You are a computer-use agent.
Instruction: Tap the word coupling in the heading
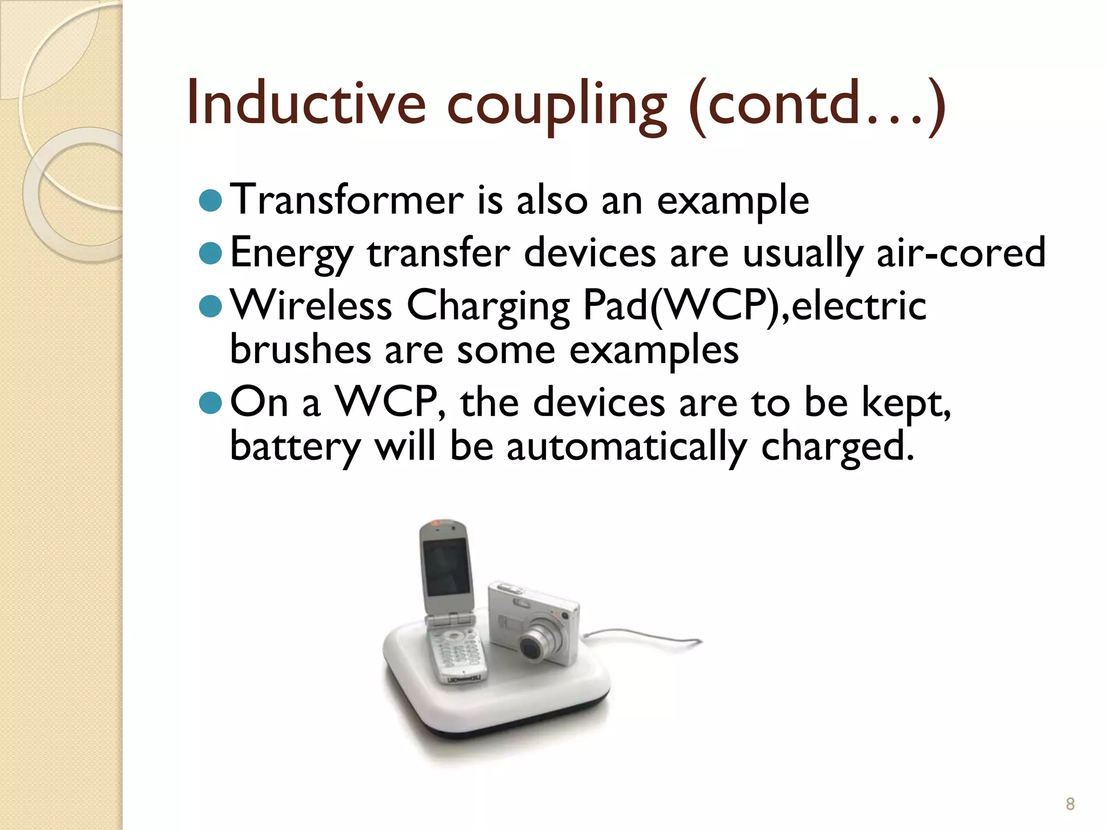(x=557, y=106)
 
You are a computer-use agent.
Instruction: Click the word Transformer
(x=346, y=200)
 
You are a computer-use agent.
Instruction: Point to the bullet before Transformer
(x=211, y=201)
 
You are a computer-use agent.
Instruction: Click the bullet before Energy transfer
(x=211, y=253)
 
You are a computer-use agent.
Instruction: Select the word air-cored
(x=961, y=253)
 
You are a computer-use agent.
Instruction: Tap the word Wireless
(x=311, y=306)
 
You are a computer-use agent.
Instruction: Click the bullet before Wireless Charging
(x=211, y=306)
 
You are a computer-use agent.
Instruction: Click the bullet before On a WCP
(x=211, y=402)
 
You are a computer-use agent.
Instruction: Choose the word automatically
(x=626, y=447)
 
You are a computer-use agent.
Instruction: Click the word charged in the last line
(x=837, y=447)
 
